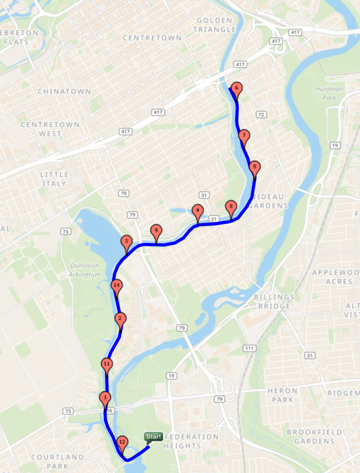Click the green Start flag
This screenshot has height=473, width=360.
pos(153,437)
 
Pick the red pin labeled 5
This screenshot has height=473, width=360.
pos(254,168)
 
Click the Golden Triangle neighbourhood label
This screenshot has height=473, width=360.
pos(215,25)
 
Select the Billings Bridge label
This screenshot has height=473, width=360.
pos(274,301)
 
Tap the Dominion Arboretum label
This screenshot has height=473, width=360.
pos(85,270)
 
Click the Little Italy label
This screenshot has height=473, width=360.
pos(54,179)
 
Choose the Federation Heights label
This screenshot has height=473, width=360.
pos(191,441)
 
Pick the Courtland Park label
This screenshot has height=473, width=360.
pos(58,461)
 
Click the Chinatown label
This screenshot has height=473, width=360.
pos(64,91)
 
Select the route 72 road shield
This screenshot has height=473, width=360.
pos(262,114)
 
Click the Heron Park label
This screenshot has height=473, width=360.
pos(282,395)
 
